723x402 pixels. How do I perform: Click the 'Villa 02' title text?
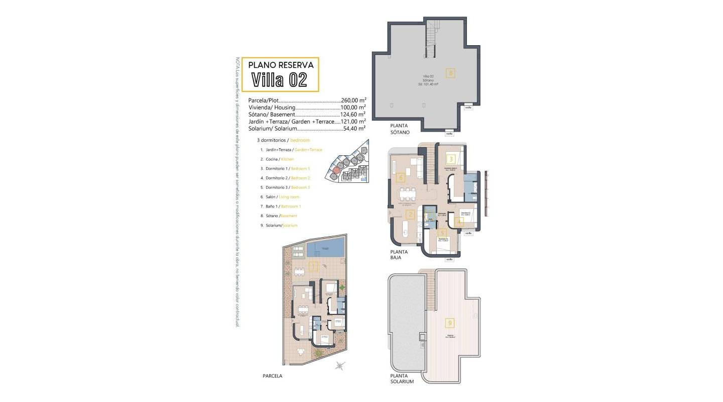[279, 79]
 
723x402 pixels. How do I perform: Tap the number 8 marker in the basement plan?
[451, 73]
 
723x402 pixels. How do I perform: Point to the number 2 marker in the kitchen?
[410, 215]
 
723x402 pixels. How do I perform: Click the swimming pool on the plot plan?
[325, 248]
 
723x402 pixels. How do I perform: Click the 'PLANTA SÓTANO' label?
[400, 129]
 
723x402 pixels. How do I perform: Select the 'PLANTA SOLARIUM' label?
[402, 378]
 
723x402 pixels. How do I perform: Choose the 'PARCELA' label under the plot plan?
[273, 376]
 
